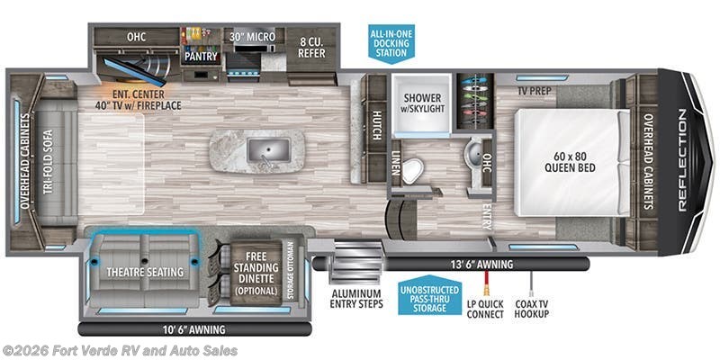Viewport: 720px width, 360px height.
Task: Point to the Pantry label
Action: click(x=202, y=56)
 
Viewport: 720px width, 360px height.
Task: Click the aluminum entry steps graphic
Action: click(x=347, y=266)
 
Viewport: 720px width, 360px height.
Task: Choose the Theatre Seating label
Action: click(x=145, y=272)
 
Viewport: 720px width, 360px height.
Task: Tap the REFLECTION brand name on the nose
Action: click(x=681, y=160)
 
